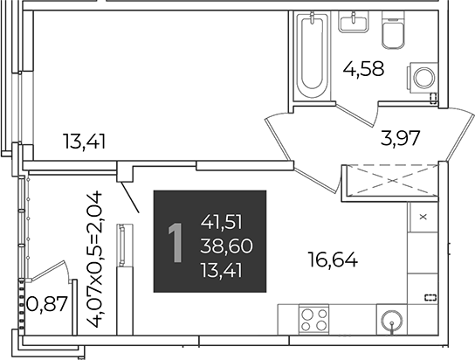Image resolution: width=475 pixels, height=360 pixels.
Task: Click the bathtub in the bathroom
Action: pos(312,56)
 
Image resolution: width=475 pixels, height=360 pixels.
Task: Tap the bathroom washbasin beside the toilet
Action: pos(354,22)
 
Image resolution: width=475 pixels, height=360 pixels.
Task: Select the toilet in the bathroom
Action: pos(393,31)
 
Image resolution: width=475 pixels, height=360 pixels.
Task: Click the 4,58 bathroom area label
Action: pos(363,69)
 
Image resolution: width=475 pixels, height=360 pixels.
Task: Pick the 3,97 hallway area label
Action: pos(401,138)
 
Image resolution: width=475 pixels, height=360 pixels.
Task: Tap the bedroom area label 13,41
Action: pos(84,142)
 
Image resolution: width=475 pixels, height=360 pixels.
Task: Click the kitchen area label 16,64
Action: pos(333,260)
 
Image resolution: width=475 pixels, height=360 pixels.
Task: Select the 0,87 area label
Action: pos(47,303)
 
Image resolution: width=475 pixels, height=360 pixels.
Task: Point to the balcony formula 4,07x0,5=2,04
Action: pos(95,260)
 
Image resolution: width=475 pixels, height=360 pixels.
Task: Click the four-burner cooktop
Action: pos(313,320)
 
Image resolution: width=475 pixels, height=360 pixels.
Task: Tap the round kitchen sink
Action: pos(392,320)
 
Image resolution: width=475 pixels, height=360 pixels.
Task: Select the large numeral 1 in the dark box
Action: pos(176,242)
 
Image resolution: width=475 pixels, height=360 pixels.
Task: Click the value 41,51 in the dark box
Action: pos(222,223)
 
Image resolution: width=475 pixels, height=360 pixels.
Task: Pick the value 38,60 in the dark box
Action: pos(226,246)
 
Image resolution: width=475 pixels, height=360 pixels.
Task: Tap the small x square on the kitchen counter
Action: pos(423,217)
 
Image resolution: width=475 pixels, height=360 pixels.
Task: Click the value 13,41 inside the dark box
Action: pos(222,270)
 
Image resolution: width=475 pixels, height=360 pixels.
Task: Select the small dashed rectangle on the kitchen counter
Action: pos(430,297)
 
